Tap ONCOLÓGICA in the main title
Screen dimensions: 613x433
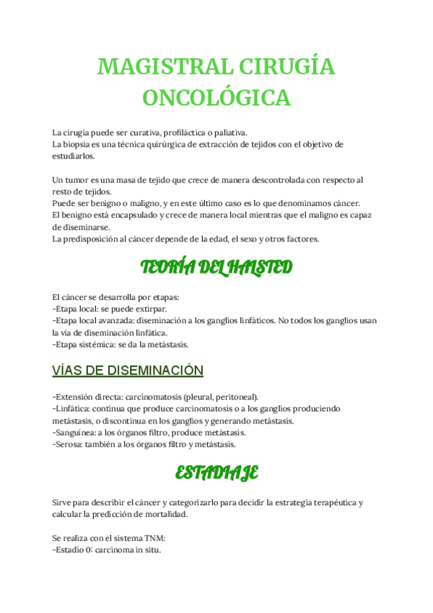click(216, 98)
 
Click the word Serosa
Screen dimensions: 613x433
click(70, 444)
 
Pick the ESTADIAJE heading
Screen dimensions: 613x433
click(216, 473)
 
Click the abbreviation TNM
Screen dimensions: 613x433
click(150, 539)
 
